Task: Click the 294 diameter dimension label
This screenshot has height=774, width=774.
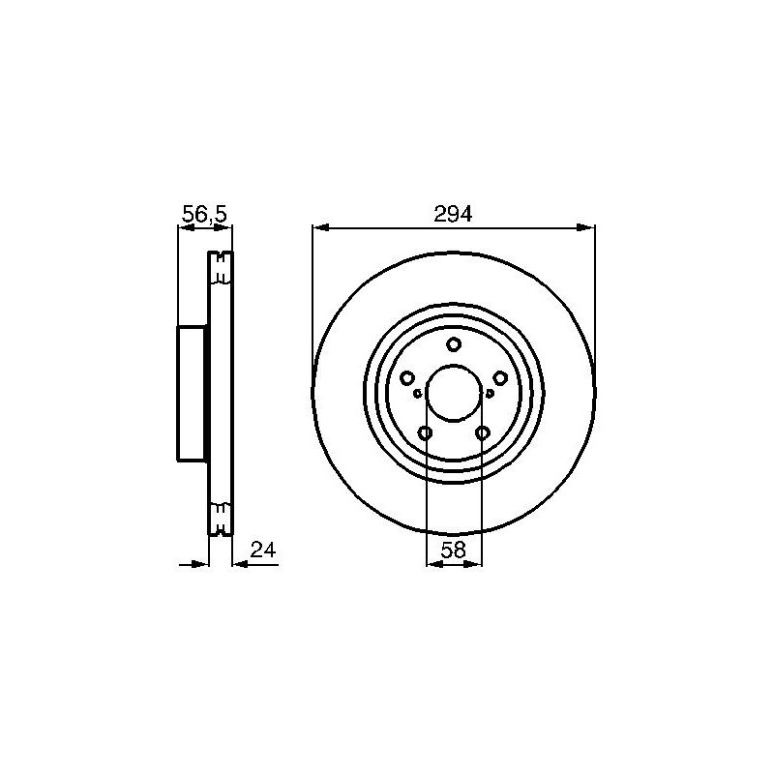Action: [453, 214]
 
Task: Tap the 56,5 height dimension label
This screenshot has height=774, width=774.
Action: [204, 214]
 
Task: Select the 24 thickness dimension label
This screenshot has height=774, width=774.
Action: [263, 550]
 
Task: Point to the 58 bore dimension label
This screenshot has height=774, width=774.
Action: [453, 550]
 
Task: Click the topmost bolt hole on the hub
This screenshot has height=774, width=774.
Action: [454, 344]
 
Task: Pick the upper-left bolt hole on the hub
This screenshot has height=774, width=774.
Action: [406, 378]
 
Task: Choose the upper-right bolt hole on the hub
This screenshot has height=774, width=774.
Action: [500, 378]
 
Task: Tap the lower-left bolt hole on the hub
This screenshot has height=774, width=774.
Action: [425, 433]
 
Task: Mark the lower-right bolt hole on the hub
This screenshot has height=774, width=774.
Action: [482, 433]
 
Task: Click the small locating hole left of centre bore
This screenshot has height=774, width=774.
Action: [418, 394]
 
